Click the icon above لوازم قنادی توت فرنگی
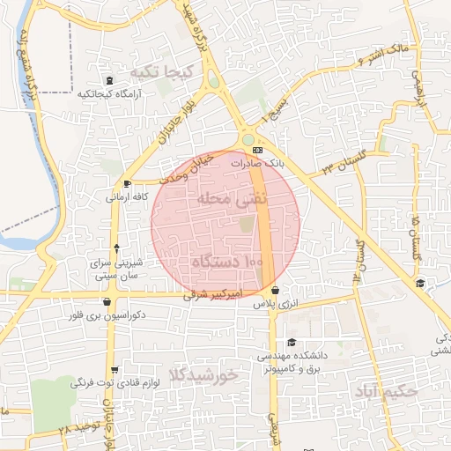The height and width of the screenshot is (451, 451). point(115,370)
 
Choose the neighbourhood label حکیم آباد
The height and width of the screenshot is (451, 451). point(384,388)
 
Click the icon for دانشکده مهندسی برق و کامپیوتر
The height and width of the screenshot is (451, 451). point(292,344)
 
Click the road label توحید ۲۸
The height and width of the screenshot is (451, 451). point(76,426)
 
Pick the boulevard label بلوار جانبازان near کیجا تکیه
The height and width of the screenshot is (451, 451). point(166,129)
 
